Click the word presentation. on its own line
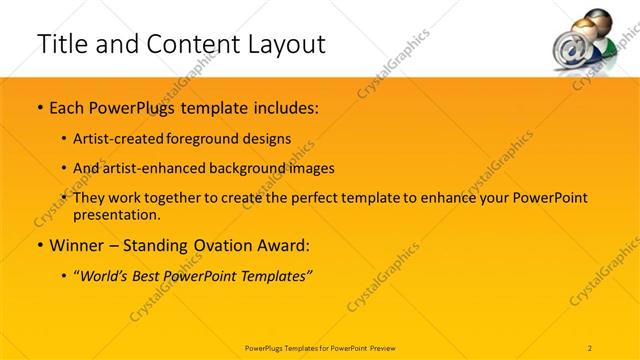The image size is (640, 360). pos(117,214)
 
